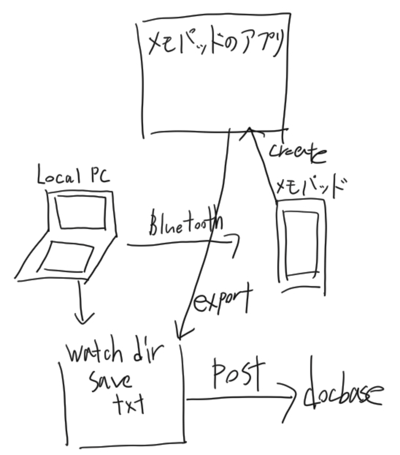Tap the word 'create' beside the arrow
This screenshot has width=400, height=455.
point(296,152)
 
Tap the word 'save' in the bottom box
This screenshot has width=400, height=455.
point(110,380)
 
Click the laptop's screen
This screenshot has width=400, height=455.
point(81,212)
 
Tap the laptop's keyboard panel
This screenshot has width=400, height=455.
point(68,256)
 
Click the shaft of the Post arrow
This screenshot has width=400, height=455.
point(237,399)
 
